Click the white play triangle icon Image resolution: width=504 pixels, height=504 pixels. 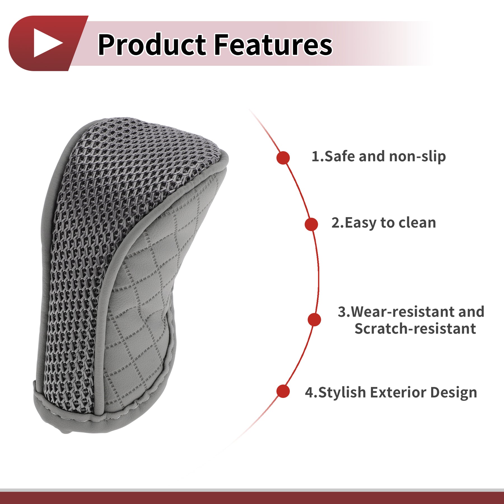point(46,43)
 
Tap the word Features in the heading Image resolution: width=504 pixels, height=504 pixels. point(273,44)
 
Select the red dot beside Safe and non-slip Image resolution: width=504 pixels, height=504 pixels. point(283,158)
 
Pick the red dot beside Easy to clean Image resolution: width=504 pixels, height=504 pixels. point(311,224)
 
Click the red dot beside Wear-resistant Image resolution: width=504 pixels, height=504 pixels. point(314,319)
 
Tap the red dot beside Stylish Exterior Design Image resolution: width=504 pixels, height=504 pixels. point(283,391)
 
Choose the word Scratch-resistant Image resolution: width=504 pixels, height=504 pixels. point(415,328)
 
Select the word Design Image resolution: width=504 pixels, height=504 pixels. point(454,393)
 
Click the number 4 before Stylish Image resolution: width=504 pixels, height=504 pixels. point(309,393)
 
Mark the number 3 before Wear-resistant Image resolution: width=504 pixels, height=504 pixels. point(342,312)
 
